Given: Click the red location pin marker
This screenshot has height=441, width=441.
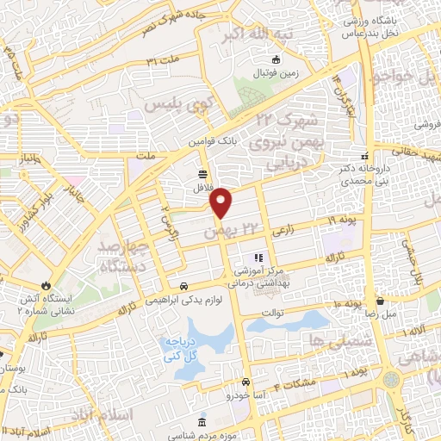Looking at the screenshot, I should coord(222,203).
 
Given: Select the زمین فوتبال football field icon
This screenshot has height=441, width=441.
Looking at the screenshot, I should coord(276,59).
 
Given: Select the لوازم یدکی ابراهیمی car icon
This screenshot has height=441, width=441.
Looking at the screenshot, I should coord(183,286).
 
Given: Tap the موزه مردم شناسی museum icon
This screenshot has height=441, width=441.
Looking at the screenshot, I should coord(202,422).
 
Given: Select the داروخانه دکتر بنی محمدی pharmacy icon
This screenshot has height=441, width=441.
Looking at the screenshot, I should coord(364,156).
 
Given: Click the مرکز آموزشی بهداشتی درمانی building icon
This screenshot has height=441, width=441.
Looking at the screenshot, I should coord(256,258).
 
